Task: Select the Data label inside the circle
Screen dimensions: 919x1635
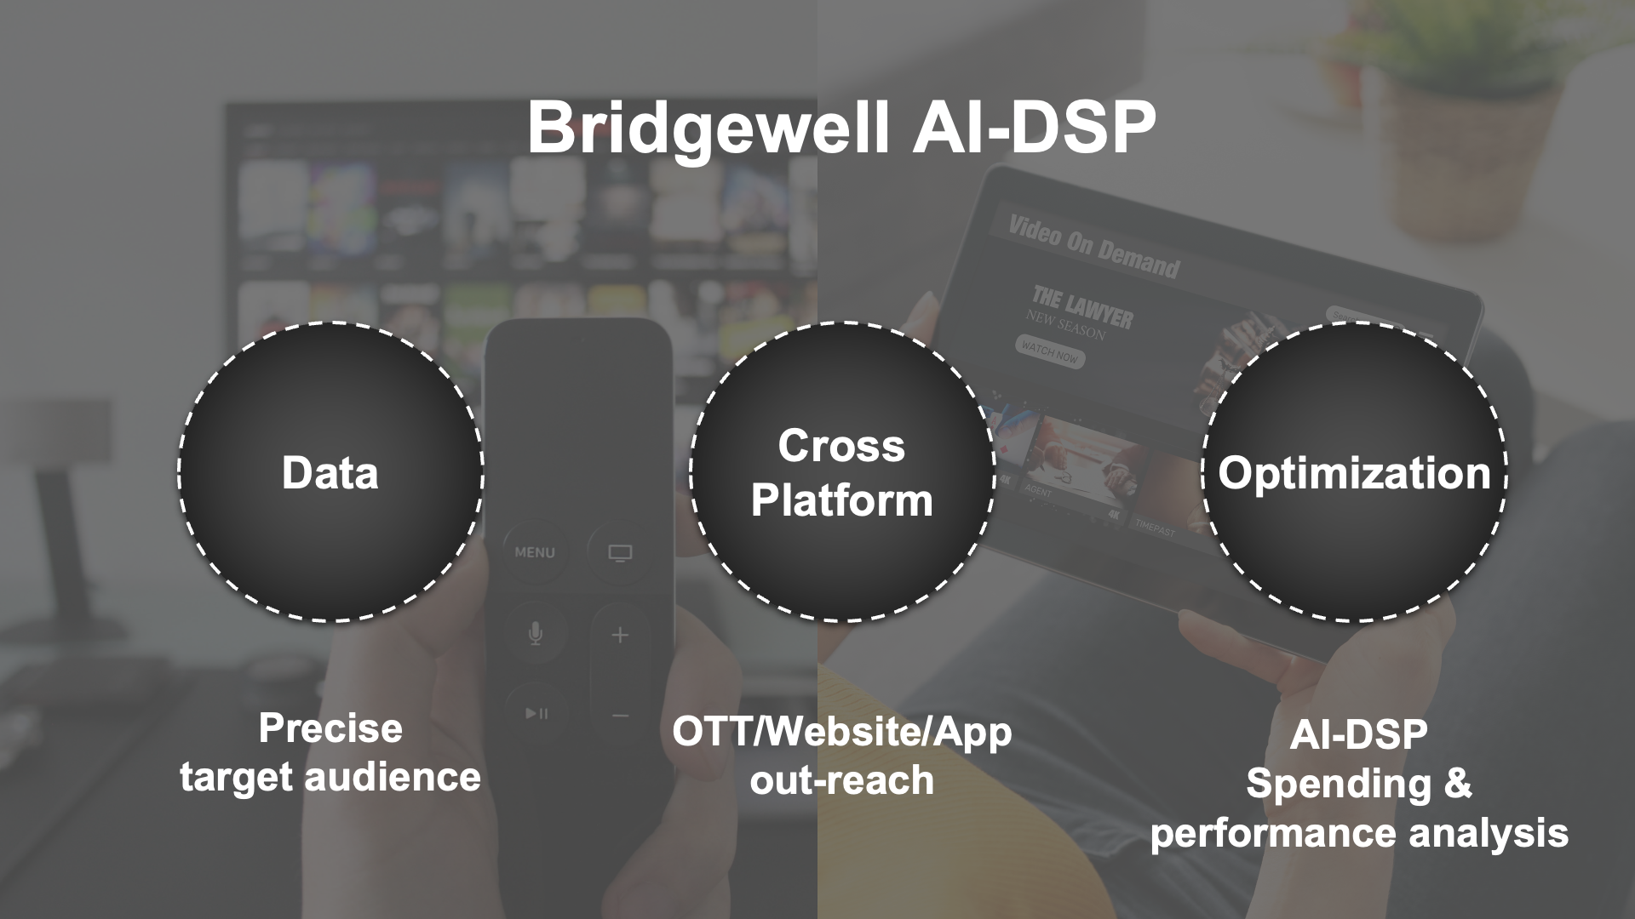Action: click(330, 473)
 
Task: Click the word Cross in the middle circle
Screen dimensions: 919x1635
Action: click(841, 446)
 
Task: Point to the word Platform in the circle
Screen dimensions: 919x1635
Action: click(841, 500)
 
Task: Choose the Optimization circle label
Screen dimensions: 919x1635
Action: click(1354, 473)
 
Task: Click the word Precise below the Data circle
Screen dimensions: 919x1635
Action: click(330, 728)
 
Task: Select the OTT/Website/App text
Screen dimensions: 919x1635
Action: click(841, 732)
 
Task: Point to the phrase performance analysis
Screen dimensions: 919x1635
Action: click(1358, 833)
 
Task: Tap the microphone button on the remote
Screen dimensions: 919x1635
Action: click(535, 634)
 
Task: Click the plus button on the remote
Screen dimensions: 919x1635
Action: click(620, 636)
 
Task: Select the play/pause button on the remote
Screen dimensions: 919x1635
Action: click(536, 713)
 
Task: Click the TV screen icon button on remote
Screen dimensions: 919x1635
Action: click(620, 554)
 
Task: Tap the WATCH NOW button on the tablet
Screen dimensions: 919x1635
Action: click(1050, 351)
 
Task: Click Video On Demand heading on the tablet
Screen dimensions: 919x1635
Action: click(1093, 248)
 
